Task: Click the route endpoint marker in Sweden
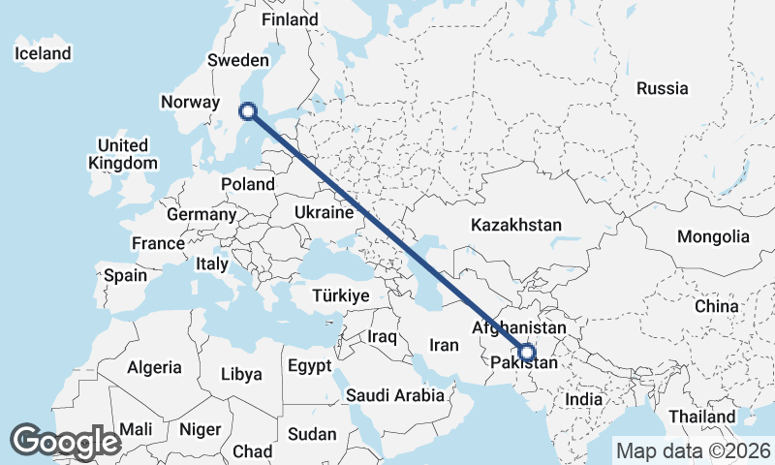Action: [248, 111]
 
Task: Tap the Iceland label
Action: [43, 53]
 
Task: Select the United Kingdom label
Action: [122, 154]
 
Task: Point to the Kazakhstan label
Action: [516, 225]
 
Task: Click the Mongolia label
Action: [713, 236]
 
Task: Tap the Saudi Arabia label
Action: [395, 395]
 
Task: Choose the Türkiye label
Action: [341, 295]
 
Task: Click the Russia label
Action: [663, 88]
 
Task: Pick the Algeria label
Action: [154, 367]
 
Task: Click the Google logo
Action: [65, 442]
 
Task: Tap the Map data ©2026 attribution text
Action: [694, 450]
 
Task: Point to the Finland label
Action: [291, 19]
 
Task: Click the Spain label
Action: [126, 275]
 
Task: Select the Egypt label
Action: [309, 366]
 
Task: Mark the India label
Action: [584, 399]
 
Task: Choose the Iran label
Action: [444, 344]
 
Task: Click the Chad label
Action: [252, 451]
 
